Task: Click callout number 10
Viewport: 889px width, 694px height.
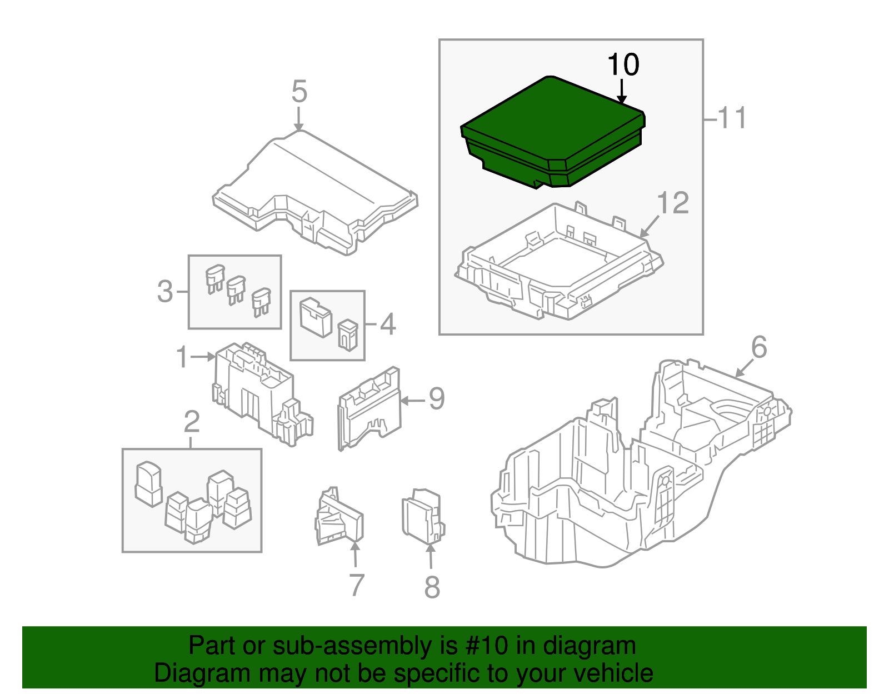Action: coord(623,65)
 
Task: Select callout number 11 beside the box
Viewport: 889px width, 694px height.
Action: coord(731,118)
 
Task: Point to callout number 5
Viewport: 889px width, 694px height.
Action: coord(299,92)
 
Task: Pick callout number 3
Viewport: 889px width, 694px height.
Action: coord(165,292)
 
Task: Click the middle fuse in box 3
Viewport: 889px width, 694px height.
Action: coord(236,289)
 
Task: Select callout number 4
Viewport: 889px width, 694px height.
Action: coord(387,324)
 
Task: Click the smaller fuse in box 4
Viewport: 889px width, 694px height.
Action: coord(347,334)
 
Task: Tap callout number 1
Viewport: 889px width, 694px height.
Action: coord(182,357)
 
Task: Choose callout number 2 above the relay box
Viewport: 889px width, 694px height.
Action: coord(191,422)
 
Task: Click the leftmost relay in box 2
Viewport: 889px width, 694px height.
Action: coord(148,483)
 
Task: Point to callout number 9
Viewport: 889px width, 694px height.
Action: coord(436,399)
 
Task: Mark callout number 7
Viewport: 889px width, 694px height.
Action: coord(356,585)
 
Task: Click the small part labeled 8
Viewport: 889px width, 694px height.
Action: coord(422,517)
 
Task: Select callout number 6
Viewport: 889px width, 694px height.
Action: coord(759,347)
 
